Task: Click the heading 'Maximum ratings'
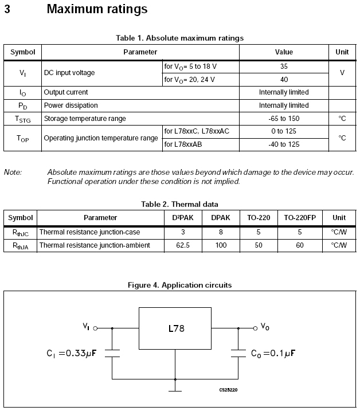pos(97,9)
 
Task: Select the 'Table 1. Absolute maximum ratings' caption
pos(179,38)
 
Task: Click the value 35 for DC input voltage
pos(284,66)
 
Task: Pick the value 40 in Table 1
pos(284,79)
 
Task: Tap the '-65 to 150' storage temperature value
pos(284,119)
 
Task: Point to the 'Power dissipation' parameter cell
pos(71,105)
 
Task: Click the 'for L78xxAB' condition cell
pos(183,144)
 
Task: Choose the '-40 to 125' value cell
pos(284,144)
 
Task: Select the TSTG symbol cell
pos(23,119)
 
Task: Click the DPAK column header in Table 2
pos(221,218)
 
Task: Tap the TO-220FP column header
pos(300,218)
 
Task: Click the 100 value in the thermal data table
pos(221,245)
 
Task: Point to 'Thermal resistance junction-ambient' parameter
pos(95,245)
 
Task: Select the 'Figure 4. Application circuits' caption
pos(179,285)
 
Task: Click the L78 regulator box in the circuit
pos(176,330)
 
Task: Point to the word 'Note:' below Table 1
pos(13,172)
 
